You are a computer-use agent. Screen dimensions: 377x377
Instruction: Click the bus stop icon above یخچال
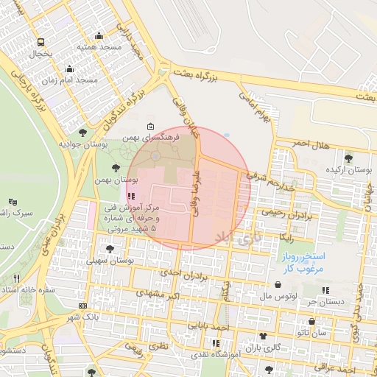tap(40, 42)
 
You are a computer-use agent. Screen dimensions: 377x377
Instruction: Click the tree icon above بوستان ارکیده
tap(348, 158)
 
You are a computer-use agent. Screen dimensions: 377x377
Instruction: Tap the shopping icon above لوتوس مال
tap(278, 284)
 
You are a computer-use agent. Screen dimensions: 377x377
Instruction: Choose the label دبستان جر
tap(322, 301)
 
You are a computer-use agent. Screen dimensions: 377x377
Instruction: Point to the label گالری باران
tap(265, 347)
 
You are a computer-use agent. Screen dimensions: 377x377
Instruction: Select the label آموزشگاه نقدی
tap(213, 355)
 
